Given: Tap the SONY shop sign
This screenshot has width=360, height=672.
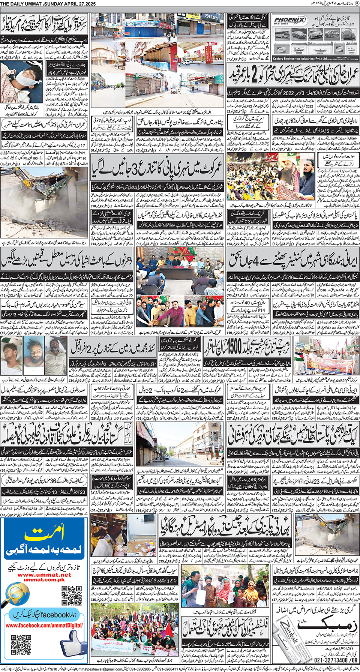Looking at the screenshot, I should click(x=211, y=17).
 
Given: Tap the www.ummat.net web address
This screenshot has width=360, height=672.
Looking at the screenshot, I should click(x=44, y=574).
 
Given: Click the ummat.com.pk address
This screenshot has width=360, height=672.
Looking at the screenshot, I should click(x=44, y=580).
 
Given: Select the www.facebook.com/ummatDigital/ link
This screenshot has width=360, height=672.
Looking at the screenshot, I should click(x=44, y=625).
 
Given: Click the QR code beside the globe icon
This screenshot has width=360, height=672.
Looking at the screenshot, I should click(x=72, y=595).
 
